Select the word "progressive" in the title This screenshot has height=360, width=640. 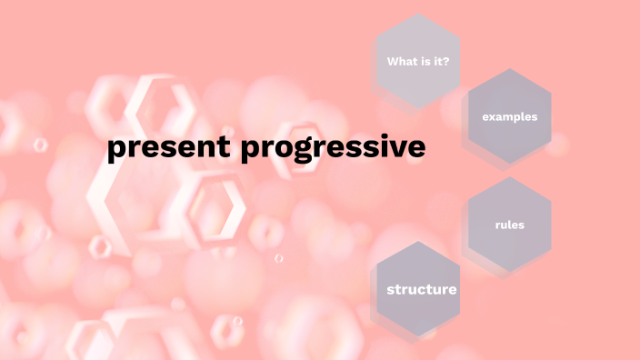click(334, 148)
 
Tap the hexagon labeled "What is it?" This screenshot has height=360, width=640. click(417, 62)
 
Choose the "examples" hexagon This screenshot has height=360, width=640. click(509, 116)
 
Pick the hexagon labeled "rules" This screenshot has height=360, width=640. click(509, 225)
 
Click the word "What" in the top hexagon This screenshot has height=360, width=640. click(401, 62)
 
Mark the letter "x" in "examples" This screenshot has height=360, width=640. click(492, 116)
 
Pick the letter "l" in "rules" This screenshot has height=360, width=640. click(511, 225)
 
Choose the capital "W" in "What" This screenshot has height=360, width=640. click(393, 62)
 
